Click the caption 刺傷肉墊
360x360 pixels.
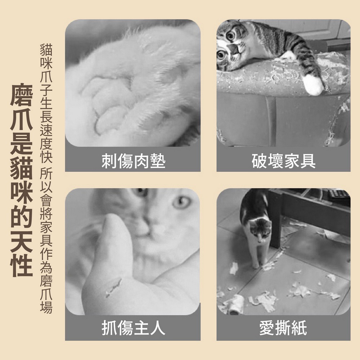point(133,161)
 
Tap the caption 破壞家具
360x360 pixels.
point(283,161)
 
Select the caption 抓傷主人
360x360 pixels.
point(133,329)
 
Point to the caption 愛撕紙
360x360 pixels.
point(283,329)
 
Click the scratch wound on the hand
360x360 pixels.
point(113,287)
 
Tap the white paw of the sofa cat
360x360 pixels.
point(312,85)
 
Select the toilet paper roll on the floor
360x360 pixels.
point(236,304)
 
